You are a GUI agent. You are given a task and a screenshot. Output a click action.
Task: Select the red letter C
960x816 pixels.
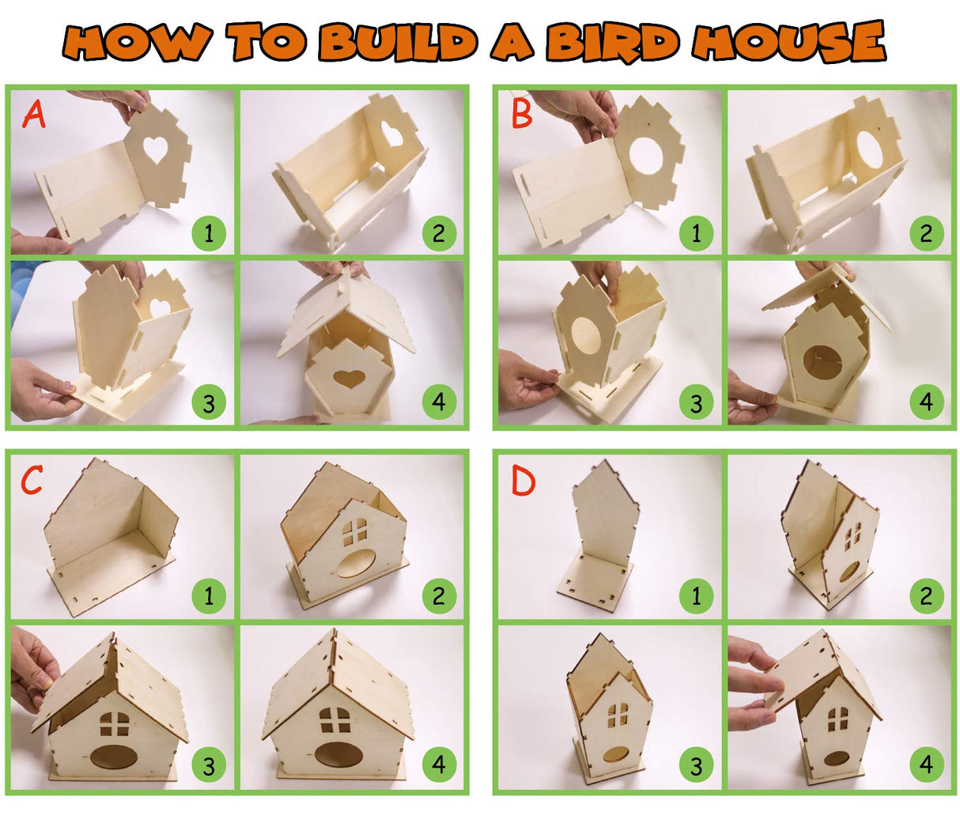pyautogui.click(x=32, y=479)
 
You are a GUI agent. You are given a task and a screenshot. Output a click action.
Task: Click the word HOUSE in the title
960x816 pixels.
pyautogui.click(x=790, y=41)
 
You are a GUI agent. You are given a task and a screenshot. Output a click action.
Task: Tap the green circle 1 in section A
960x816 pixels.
pyautogui.click(x=209, y=234)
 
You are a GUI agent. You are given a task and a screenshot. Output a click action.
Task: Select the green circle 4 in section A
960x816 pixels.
pyautogui.click(x=439, y=403)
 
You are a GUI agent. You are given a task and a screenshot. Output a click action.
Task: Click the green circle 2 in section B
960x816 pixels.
pyautogui.click(x=926, y=234)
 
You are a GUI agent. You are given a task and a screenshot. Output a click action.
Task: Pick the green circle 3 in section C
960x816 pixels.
pyautogui.click(x=209, y=765)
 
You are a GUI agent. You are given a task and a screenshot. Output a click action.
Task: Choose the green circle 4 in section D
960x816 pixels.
pyautogui.click(x=926, y=765)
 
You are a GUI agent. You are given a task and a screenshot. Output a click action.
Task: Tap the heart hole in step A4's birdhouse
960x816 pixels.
pyautogui.click(x=349, y=377)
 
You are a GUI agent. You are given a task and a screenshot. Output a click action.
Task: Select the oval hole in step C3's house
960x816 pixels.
pyautogui.click(x=113, y=756)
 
